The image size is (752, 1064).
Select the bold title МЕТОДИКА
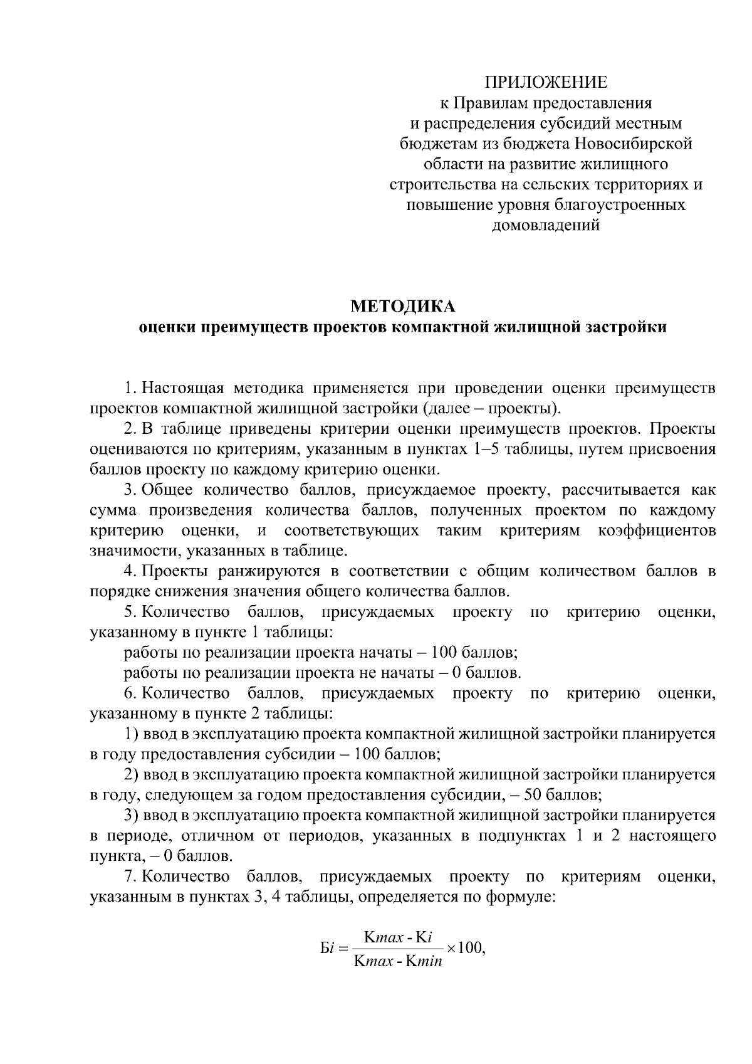(402, 307)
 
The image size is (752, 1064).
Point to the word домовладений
(546, 225)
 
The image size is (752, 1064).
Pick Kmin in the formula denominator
(424, 961)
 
